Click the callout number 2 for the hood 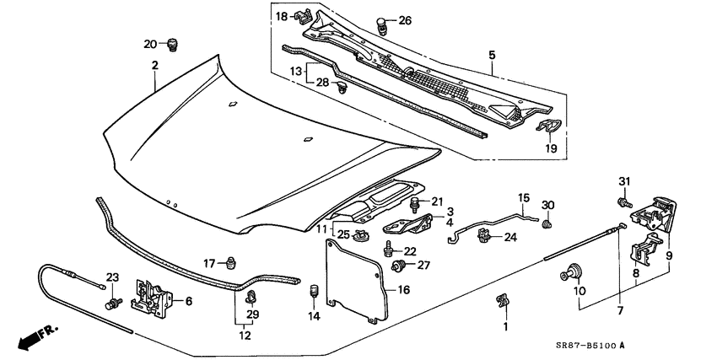click(154, 66)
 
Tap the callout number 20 click(150, 44)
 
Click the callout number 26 click(405, 20)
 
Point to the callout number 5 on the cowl click(492, 56)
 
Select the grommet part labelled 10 click(573, 272)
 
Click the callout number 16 click(404, 289)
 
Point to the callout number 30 click(547, 206)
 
